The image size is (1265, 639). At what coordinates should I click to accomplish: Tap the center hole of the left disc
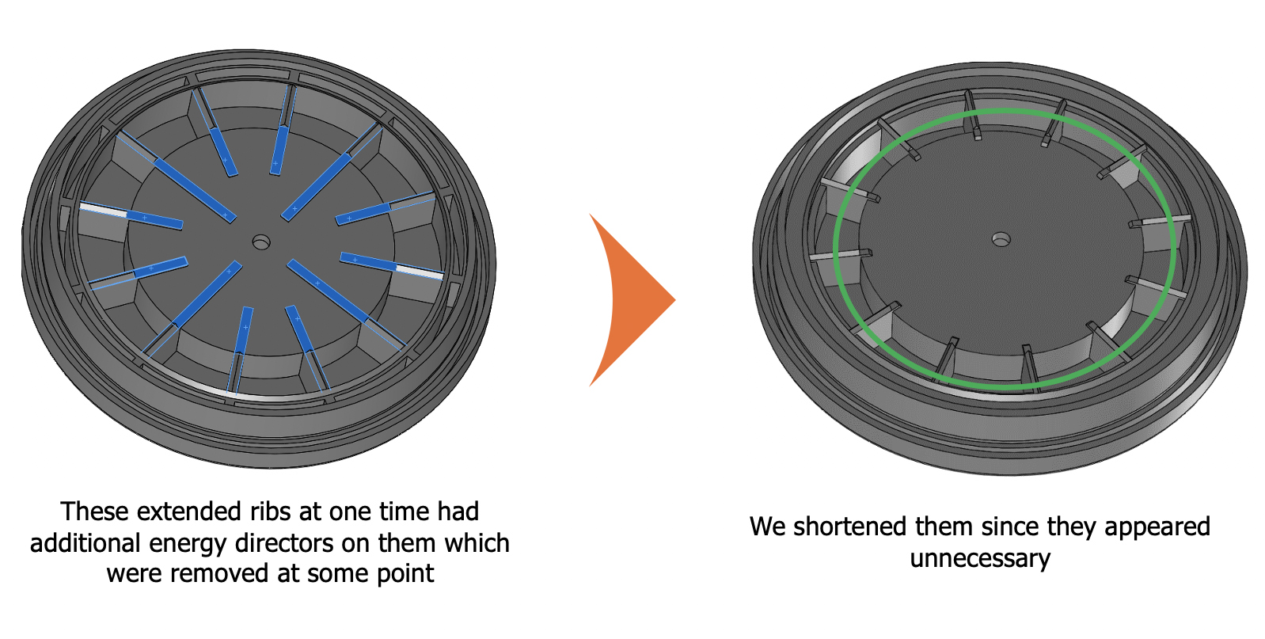261,242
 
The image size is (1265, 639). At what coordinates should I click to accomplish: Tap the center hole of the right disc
1001,238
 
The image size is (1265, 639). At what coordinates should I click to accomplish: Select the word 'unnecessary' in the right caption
980,558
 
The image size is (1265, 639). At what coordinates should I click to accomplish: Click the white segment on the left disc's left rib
103,210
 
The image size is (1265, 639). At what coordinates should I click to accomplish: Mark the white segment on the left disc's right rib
419,271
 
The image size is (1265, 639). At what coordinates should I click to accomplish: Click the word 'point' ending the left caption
405,573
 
